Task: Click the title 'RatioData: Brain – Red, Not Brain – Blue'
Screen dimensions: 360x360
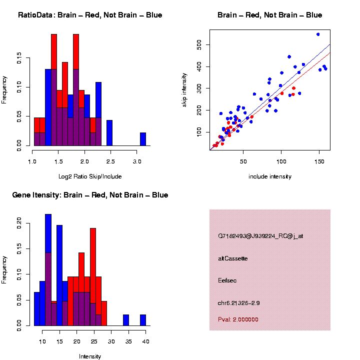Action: click(x=90, y=15)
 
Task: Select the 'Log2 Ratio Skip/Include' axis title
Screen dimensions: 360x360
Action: click(x=90, y=176)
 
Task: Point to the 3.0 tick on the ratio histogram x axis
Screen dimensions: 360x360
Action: click(x=137, y=161)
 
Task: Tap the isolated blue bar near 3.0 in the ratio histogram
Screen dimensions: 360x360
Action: click(x=143, y=139)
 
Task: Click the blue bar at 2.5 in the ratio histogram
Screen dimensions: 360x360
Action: click(x=109, y=133)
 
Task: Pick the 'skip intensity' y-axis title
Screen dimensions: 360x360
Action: click(x=185, y=88)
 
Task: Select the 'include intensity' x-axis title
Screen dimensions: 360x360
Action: click(x=270, y=176)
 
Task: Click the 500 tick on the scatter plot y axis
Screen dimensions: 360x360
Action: click(x=198, y=45)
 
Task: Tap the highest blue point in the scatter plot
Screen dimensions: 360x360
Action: click(x=318, y=34)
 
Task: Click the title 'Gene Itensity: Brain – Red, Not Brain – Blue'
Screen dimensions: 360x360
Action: click(x=90, y=195)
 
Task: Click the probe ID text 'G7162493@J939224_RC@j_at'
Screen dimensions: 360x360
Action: click(x=253, y=236)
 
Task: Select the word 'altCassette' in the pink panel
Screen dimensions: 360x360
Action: click(x=233, y=258)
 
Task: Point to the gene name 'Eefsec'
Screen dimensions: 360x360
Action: click(x=227, y=280)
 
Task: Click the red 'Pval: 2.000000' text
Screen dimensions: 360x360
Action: click(x=238, y=319)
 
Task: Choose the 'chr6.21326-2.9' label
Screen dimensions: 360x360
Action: click(x=238, y=303)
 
